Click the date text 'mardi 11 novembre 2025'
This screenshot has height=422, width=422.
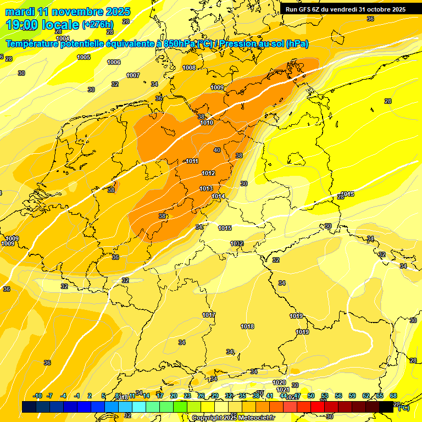coord(68,12)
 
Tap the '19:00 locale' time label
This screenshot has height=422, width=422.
coord(42,25)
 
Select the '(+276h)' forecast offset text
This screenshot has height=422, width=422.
coord(97,25)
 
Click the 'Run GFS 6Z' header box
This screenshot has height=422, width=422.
coord(346,9)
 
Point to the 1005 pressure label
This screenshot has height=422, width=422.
coord(84,57)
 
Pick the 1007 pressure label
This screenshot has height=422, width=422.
coord(133,75)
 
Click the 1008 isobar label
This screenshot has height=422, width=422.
coord(189,68)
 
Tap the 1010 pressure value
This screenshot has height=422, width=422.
coord(207,123)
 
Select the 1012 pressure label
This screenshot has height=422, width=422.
coord(208,173)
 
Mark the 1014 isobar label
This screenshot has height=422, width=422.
coord(218,196)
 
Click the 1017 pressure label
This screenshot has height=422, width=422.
coord(209,315)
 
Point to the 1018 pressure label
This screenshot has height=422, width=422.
coord(247,326)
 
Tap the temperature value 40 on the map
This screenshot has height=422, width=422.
coord(217,150)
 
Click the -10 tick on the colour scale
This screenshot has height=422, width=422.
coord(37,396)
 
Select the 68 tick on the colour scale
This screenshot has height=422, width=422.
coord(393,396)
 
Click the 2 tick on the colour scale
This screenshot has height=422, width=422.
coord(90,396)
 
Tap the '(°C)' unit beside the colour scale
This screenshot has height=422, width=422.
coord(403,408)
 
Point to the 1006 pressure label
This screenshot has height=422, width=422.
coord(114,62)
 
